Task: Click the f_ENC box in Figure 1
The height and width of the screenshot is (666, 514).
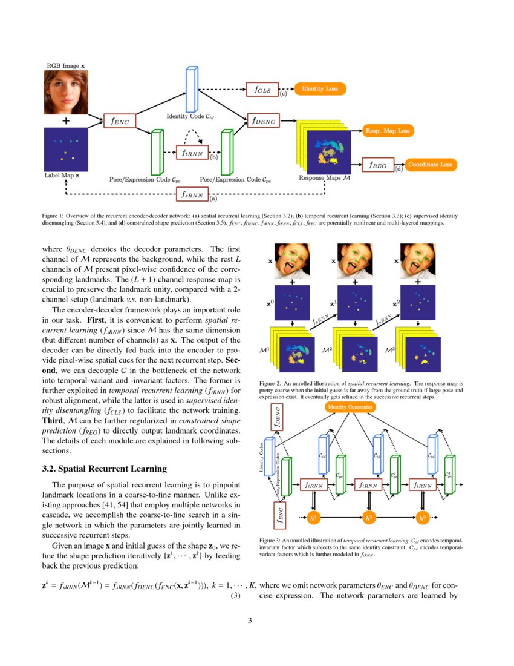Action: point(120,121)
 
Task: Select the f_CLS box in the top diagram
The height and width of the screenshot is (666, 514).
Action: point(262,90)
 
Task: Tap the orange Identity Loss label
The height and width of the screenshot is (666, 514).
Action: point(320,89)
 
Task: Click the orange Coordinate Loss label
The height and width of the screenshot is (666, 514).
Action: point(431,164)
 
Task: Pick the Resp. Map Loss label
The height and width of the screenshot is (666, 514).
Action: point(387,131)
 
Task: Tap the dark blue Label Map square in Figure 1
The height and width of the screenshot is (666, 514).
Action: point(66,150)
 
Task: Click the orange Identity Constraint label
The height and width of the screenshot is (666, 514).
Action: point(350,407)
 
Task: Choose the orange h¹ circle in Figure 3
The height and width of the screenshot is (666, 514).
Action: point(314,518)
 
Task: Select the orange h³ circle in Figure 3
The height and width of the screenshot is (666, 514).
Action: point(423,518)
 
